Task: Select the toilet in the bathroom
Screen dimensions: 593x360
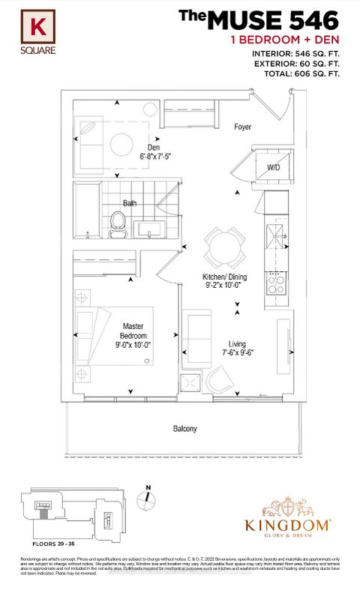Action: [117, 222]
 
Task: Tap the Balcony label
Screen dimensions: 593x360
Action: [184, 429]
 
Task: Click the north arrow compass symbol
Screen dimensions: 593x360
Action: [148, 499]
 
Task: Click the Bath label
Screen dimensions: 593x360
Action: [130, 203]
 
